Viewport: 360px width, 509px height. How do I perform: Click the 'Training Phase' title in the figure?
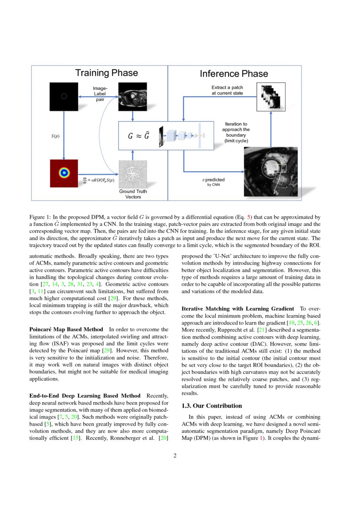pos(106,73)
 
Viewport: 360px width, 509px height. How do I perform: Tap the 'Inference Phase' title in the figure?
pos(234,74)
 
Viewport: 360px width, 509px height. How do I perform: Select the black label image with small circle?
pos(64,97)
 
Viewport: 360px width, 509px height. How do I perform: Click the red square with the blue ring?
pos(64,173)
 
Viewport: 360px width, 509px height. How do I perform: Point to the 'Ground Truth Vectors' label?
pos(133,194)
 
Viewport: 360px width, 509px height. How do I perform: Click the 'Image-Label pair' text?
pos(100,94)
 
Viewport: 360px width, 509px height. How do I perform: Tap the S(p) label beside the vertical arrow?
pos(55,136)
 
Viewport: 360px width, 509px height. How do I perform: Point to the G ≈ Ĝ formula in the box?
pos(138,136)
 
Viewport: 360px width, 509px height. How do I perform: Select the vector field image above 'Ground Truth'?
pos(133,174)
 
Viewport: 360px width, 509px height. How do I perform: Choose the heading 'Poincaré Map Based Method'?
pos(66,329)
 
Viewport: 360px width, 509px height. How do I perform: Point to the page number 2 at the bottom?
pos(175,456)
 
